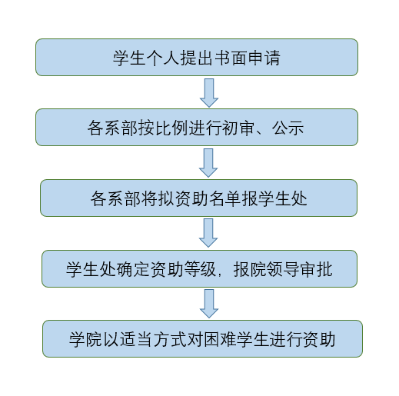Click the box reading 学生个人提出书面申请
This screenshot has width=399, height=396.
pos(197,57)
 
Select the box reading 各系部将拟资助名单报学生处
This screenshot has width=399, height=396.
pos(198,198)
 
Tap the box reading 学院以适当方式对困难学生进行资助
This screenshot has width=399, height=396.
pos(202,338)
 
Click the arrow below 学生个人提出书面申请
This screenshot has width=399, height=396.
pos(209,93)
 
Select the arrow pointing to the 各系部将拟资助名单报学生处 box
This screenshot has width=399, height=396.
pos(208,163)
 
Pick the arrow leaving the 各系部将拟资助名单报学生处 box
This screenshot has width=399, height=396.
pos(208,233)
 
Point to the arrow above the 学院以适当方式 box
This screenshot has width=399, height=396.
pos(209,304)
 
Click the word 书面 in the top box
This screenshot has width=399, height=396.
pos(231,58)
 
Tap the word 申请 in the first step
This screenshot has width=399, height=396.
pos(264,58)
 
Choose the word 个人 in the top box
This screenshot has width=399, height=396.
pos(163,58)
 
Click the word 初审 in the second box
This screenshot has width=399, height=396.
pos(238,128)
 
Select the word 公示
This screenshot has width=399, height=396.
pos(288,128)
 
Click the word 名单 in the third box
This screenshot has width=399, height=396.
pos(225,199)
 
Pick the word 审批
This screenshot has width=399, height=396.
pos(317,269)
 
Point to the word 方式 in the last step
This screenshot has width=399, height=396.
pos(170,339)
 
